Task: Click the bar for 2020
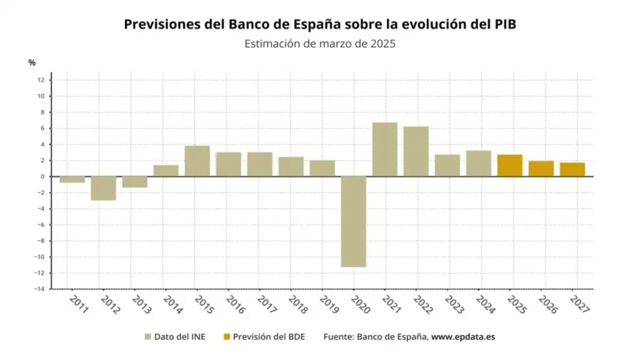point(353,221)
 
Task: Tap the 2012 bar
point(103,187)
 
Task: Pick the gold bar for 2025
point(509,165)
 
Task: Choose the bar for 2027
point(572,169)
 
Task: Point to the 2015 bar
point(197,161)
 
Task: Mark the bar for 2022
point(416,151)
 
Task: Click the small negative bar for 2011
point(72,179)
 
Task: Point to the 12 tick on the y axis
point(40,80)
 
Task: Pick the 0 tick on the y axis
point(41,176)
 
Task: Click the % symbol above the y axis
point(32,62)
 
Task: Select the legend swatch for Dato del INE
point(147,337)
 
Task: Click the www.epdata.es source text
point(463,337)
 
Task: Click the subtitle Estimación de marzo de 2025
point(320,44)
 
